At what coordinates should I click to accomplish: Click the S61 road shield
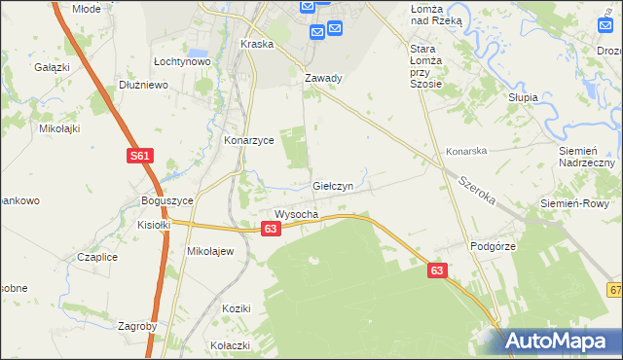coord(141,156)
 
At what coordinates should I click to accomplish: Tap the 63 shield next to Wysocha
coord(271,228)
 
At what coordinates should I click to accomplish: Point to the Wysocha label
coord(297,214)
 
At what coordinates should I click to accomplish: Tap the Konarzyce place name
coord(249,140)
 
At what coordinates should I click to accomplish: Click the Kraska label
coord(257,45)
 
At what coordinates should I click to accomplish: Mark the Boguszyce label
coord(167,200)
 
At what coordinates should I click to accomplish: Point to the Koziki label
coord(237,308)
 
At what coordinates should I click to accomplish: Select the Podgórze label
coord(493,247)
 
